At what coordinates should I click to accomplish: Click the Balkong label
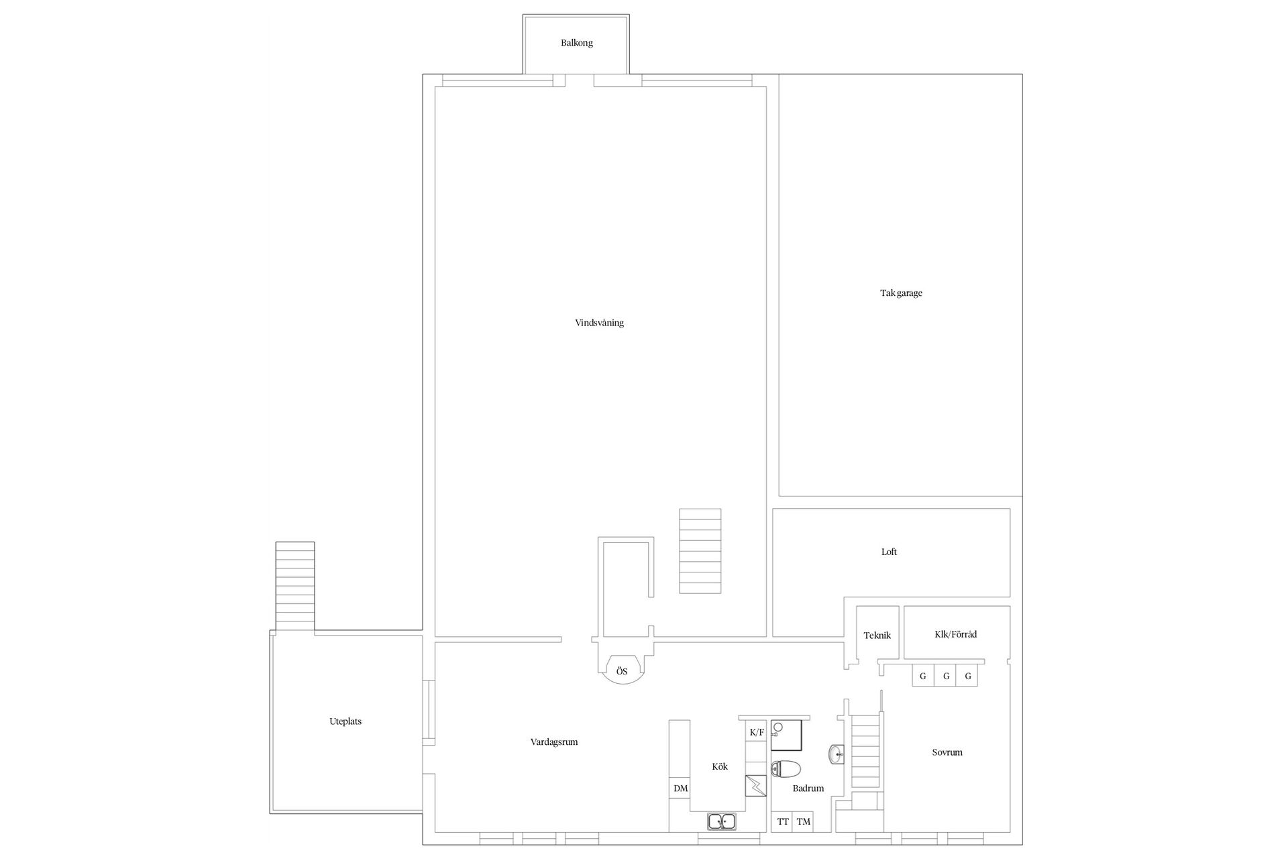point(577,43)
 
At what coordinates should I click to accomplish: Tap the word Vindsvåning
point(599,323)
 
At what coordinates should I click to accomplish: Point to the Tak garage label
point(901,293)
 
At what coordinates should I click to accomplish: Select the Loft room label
point(889,552)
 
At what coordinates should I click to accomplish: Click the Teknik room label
point(877,635)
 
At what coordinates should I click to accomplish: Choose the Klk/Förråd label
point(955,634)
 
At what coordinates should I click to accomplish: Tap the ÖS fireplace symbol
point(623,670)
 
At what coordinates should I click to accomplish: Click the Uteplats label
point(345,721)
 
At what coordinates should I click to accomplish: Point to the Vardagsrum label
point(554,742)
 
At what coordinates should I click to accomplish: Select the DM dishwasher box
point(680,788)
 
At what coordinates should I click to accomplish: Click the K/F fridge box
point(757,732)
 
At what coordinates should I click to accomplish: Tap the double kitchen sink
point(722,821)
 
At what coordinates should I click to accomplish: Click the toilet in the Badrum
point(786,768)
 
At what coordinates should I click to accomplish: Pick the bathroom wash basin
point(837,755)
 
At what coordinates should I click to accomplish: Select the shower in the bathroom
point(786,735)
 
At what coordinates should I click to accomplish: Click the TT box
point(782,822)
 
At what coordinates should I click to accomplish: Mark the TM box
point(803,822)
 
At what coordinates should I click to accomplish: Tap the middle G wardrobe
point(946,676)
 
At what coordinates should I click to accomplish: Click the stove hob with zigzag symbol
point(756,785)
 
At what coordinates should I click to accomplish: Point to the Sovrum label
point(947,752)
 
